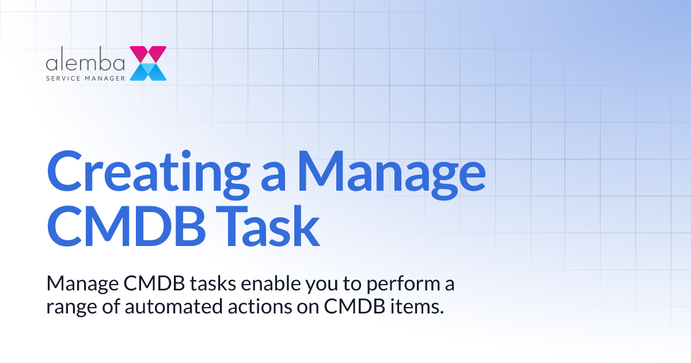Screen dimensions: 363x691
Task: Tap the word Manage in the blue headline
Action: tap(390, 172)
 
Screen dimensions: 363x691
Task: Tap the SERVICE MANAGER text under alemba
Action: tap(86, 77)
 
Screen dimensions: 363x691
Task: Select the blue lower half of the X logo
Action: tap(148, 71)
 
